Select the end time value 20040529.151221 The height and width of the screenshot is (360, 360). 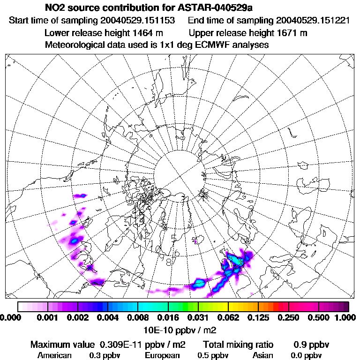[313, 21]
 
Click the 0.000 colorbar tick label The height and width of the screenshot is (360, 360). [9, 318]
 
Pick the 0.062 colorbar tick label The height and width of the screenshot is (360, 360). [228, 318]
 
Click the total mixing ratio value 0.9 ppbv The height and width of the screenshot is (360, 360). [312, 345]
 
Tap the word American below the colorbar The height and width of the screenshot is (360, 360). [55, 355]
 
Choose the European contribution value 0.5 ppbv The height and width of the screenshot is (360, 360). [213, 355]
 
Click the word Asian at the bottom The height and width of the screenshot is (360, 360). [263, 355]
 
